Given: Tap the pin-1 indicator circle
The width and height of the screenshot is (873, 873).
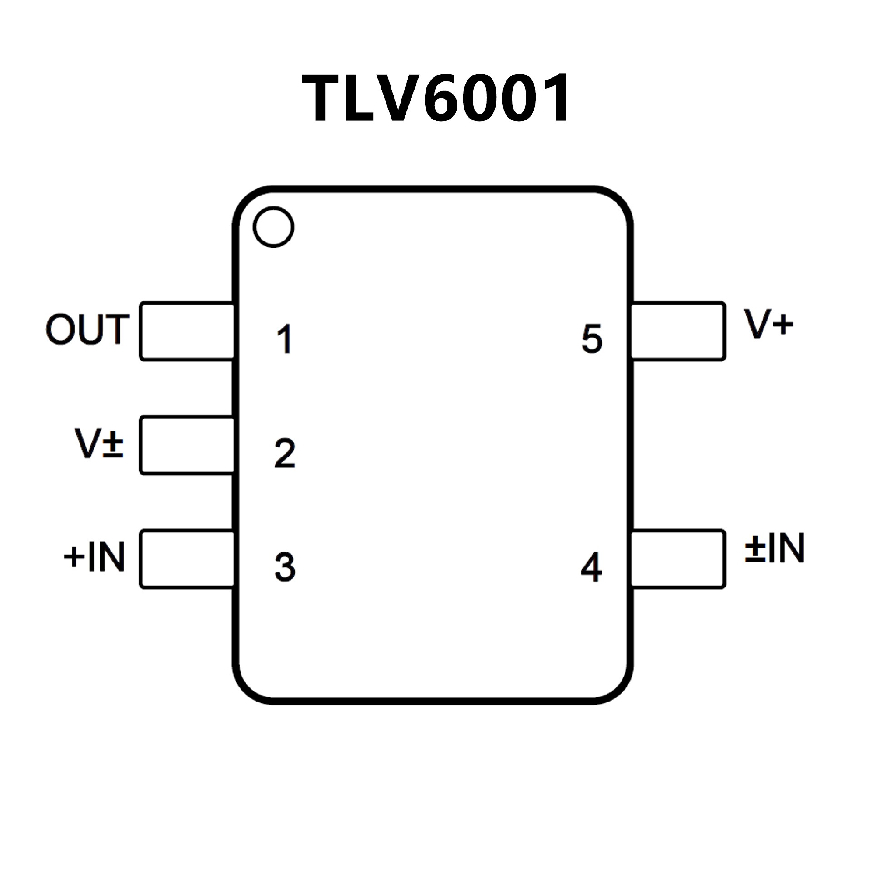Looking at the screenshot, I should tap(273, 226).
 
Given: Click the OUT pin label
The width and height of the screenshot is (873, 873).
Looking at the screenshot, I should tap(87, 329).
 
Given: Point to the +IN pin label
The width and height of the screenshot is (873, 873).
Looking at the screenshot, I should tap(95, 557).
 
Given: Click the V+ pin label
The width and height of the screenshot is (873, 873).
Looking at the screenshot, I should tap(769, 324).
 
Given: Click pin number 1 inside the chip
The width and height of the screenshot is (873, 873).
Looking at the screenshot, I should tap(285, 339).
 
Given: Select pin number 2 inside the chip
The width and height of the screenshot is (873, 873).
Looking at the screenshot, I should tap(285, 453).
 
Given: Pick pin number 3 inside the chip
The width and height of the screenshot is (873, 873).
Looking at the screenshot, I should tap(285, 567).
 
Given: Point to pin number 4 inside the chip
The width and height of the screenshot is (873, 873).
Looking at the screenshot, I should tap(591, 567).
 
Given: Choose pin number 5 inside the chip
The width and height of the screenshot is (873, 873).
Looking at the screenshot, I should tap(592, 339).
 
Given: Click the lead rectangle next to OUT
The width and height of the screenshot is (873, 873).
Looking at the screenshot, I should tap(187, 331).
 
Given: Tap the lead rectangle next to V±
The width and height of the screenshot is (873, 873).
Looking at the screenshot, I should tap(187, 445).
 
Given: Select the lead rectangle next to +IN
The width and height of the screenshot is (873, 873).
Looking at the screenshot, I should tap(187, 559).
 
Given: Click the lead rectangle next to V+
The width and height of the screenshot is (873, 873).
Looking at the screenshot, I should tap(677, 331).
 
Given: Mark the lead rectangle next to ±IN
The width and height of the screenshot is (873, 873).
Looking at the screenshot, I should tap(677, 559).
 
